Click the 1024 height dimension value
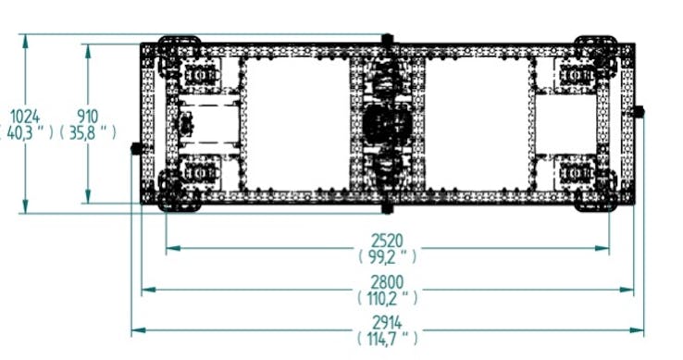coord(25,117)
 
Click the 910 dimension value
coord(88,117)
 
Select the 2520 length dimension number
coord(387,241)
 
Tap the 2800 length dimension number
coord(387,282)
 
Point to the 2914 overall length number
coord(387,323)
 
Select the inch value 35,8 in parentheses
coord(88,132)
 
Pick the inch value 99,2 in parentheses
coord(387,256)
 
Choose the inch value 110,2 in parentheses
coord(387,298)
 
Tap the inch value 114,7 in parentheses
coord(387,339)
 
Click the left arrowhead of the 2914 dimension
coord(138,330)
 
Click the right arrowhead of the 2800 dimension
coord(627,290)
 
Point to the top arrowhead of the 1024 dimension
coord(25,41)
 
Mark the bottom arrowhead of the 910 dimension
coord(88,196)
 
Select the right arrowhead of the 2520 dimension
coord(602,248)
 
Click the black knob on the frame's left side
coord(136,149)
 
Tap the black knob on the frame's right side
coord(639,112)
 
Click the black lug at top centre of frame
coord(387,39)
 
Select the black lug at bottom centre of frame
coord(387,208)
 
